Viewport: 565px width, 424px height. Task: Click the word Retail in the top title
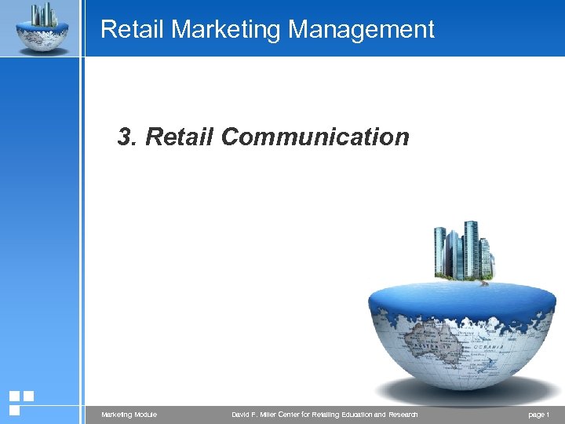pyautogui.click(x=133, y=30)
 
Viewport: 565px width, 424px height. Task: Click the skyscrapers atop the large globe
pyautogui.click(x=463, y=251)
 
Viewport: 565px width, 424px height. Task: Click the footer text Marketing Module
pyautogui.click(x=129, y=415)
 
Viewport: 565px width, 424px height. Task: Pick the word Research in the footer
pyautogui.click(x=403, y=415)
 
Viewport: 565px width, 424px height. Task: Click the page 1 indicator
pyautogui.click(x=540, y=415)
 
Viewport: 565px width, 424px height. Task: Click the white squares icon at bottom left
pyautogui.click(x=20, y=402)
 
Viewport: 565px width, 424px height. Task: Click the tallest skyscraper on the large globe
pyautogui.click(x=471, y=250)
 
